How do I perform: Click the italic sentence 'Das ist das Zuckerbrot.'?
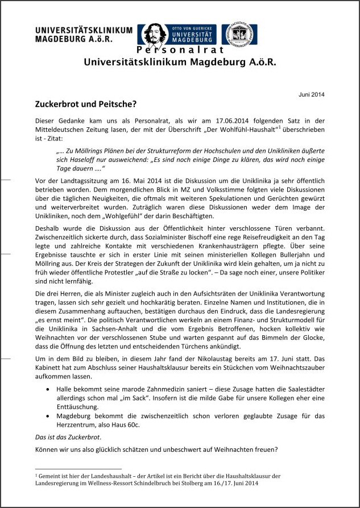(68, 437)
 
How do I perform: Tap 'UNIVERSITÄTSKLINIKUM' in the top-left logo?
(83, 30)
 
